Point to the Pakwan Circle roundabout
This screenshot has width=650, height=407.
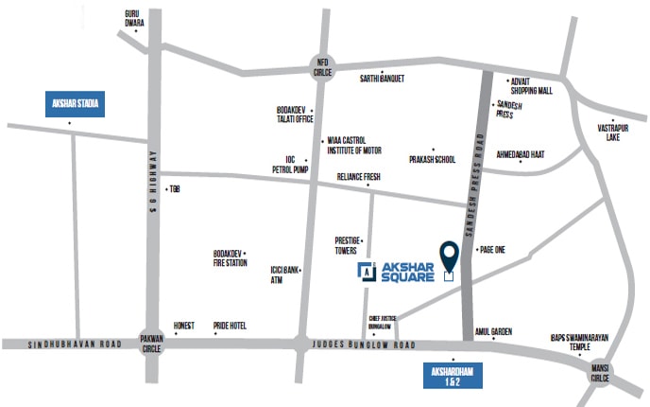151,342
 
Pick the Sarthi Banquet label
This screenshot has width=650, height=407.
383,80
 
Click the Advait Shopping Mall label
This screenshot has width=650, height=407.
529,86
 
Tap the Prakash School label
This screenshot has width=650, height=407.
433,159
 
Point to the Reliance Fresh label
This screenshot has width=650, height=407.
358,178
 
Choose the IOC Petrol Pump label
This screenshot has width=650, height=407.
290,164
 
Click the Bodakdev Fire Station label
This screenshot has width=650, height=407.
231,258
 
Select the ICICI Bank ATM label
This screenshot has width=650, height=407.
284,275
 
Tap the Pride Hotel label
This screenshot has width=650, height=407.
230,326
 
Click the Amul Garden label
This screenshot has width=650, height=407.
493,331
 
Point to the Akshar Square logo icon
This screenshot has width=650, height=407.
366,272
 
